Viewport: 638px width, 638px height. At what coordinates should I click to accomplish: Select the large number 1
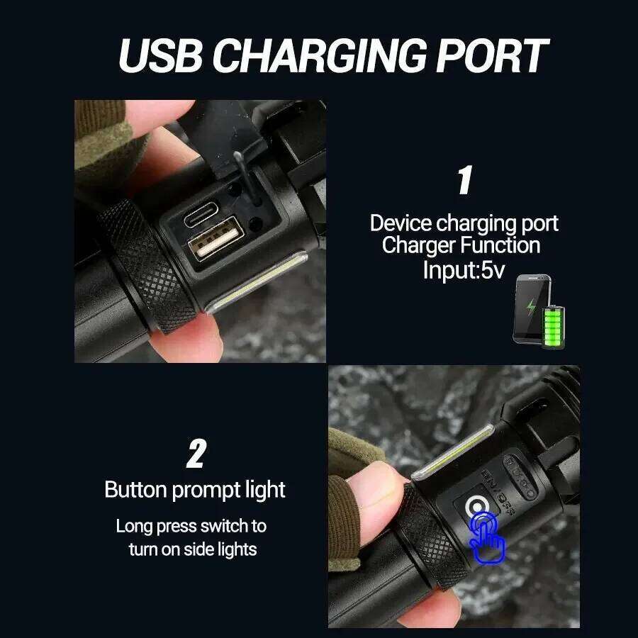pos(464,181)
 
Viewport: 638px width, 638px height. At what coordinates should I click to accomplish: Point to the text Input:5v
pos(464,269)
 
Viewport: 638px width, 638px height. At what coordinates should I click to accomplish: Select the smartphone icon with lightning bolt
pos(529,309)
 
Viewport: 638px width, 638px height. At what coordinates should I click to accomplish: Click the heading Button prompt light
pos(195,490)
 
